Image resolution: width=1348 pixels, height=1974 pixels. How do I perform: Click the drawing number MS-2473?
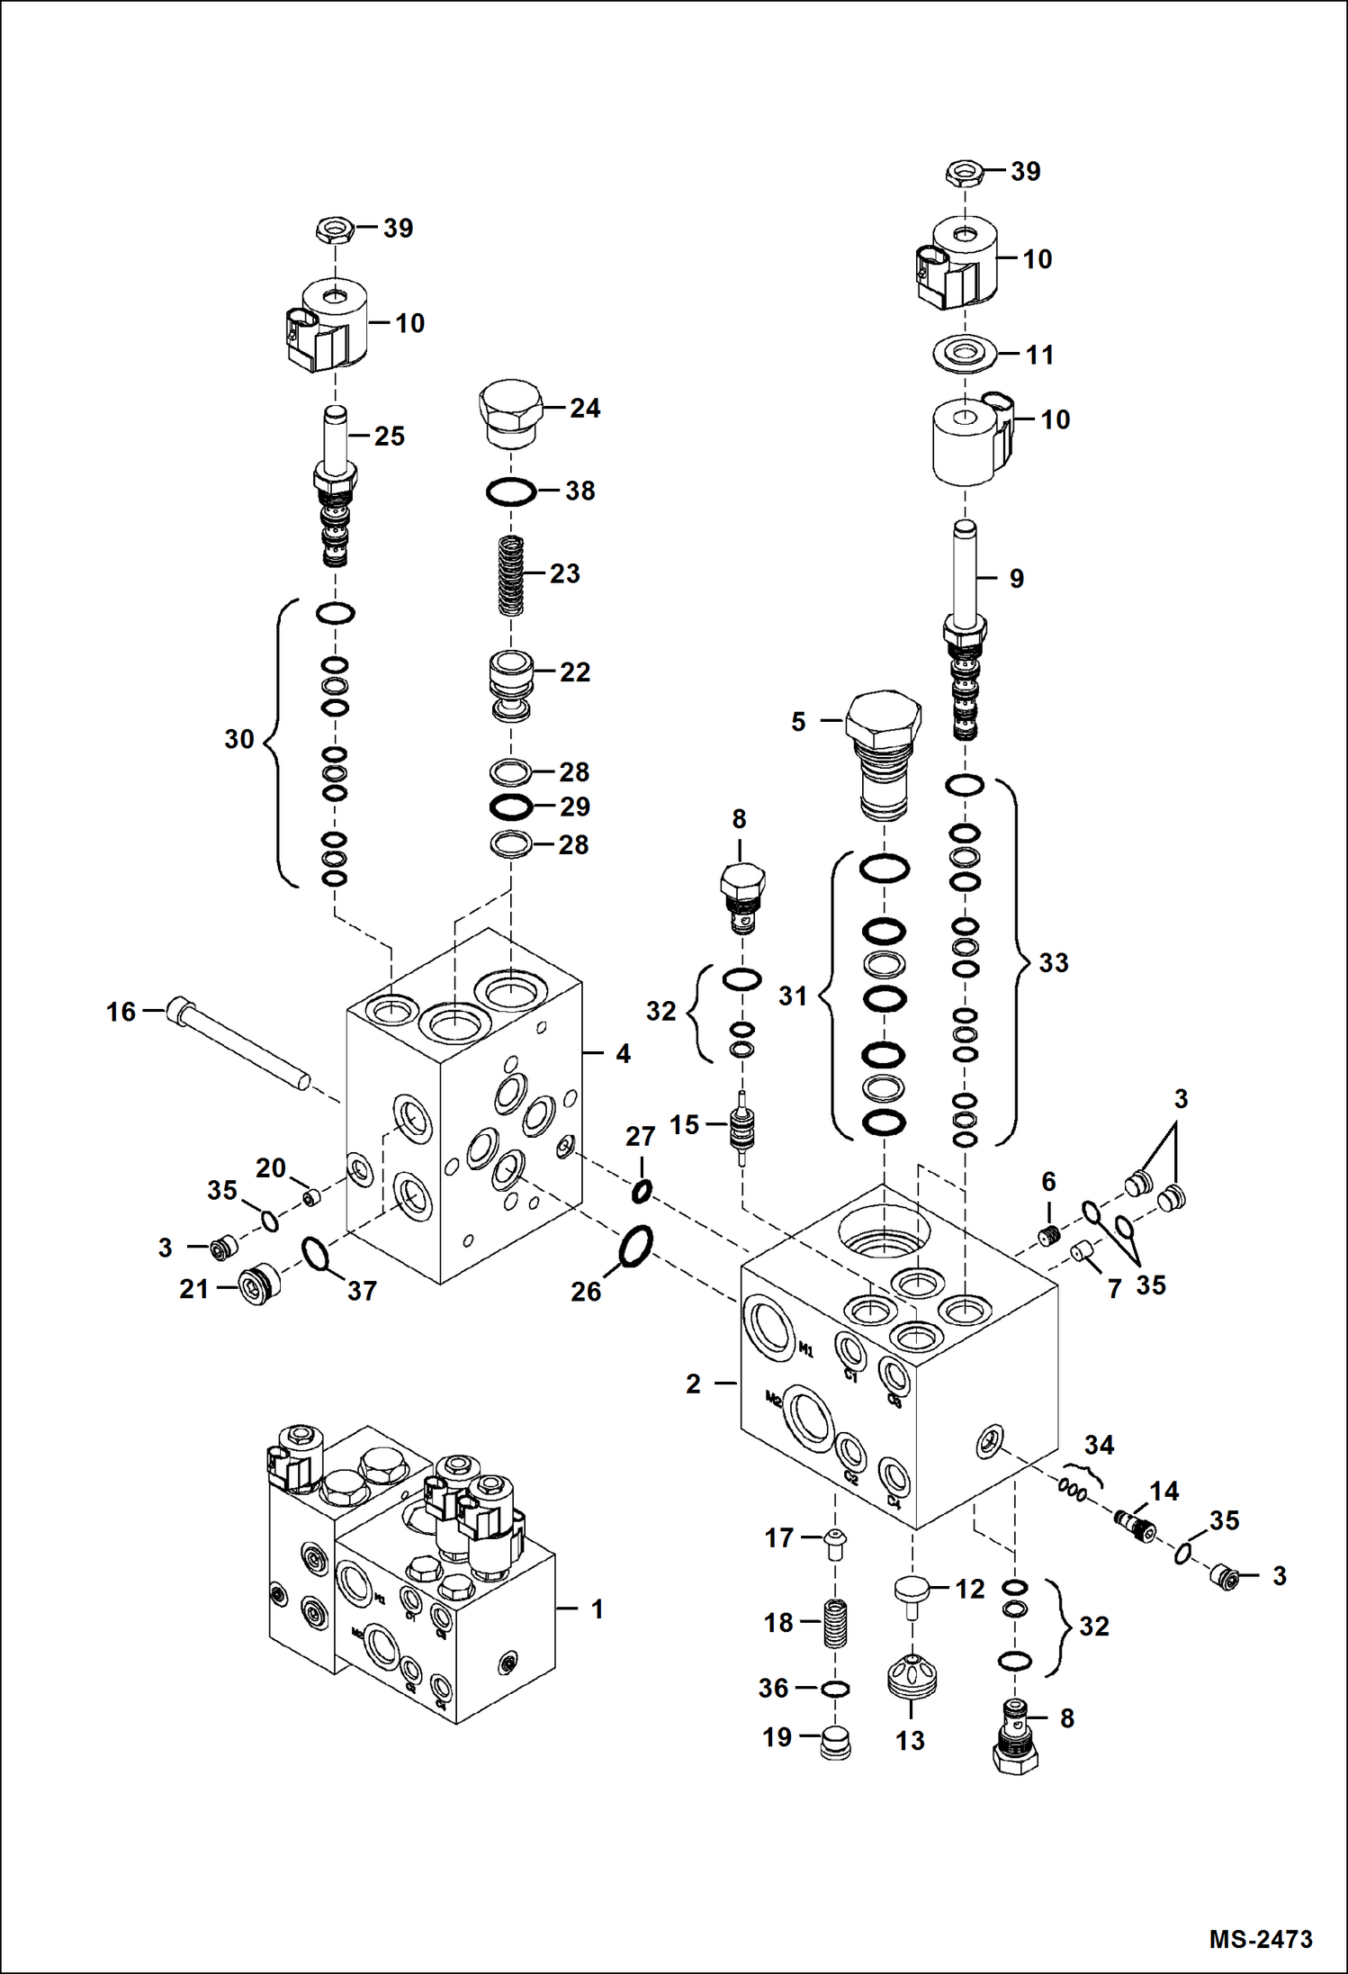point(1260,1938)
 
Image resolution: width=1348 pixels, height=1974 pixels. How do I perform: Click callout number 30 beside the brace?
point(239,739)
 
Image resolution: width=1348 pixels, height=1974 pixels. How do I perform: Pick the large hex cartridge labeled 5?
point(885,751)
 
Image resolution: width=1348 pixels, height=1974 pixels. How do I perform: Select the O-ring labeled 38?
point(511,491)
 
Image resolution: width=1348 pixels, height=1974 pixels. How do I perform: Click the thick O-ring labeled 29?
point(511,807)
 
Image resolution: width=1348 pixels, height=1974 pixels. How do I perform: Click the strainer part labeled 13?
point(912,1676)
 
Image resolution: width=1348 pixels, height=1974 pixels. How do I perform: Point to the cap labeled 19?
point(836,1743)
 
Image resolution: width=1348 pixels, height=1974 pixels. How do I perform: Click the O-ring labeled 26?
point(635,1246)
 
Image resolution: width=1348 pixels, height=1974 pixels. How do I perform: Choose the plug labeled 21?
point(259,1285)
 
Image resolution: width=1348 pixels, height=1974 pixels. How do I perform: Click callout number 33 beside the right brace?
point(1054,962)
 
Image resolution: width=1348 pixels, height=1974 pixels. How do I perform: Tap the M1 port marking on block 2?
point(806,1349)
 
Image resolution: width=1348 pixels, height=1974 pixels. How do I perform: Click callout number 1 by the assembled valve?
point(597,1609)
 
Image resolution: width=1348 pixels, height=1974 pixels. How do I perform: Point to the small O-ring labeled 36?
point(835,1689)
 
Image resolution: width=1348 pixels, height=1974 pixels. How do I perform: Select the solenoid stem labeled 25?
point(335,486)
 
